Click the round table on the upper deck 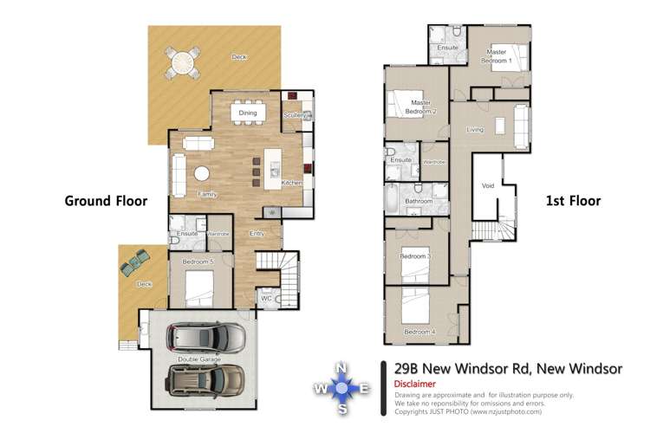[184, 62]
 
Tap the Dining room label [248, 113]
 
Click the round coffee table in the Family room [202, 173]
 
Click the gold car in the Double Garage [205, 378]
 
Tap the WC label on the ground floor [267, 299]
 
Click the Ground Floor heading [106, 201]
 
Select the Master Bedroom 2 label [423, 107]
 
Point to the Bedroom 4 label [419, 333]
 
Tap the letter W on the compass [321, 389]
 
